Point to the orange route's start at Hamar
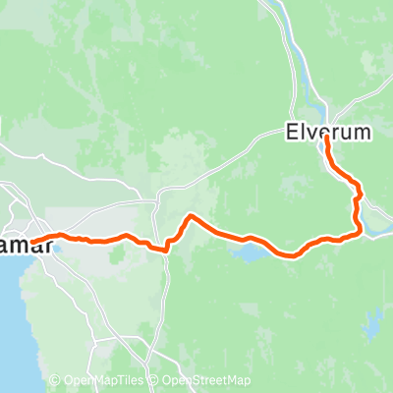(32, 241)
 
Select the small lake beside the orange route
(249, 253)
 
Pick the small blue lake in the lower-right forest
(372, 319)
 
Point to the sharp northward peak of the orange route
(191, 216)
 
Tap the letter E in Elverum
(291, 131)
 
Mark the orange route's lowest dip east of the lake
(291, 253)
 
